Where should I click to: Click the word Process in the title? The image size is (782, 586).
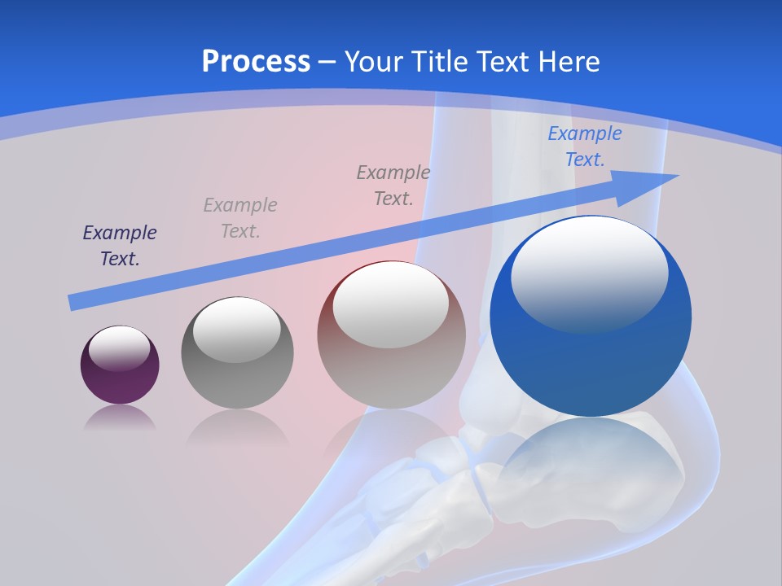coord(256,62)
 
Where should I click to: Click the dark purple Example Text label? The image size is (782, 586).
coord(120,246)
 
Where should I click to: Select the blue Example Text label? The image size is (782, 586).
coord(584,146)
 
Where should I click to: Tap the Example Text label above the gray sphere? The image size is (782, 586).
coord(240,217)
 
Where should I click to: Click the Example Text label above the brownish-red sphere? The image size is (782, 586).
coord(393,185)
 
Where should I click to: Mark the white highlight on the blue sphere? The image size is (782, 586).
coord(589,273)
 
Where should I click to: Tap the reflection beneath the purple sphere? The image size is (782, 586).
coord(121,418)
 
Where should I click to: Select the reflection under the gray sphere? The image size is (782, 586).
coord(237,427)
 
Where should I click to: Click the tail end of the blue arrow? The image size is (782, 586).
coord(75,302)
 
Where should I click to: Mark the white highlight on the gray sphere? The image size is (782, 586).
coord(236,330)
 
